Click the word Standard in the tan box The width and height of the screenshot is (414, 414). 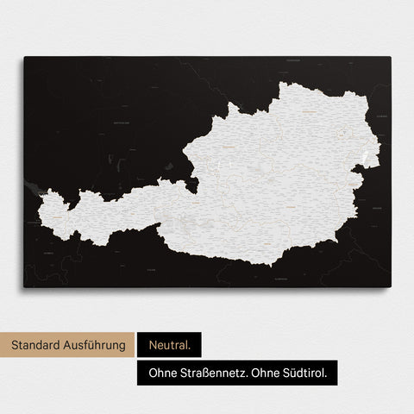(x=39, y=345)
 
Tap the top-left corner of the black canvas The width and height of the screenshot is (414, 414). (x=24, y=58)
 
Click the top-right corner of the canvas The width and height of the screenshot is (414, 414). (x=390, y=58)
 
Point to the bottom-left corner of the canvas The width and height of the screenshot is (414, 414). (x=24, y=287)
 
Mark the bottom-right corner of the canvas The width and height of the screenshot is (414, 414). (x=390, y=287)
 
